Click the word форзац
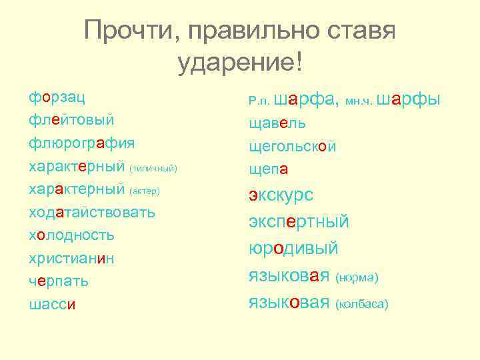56,97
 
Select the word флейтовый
71,120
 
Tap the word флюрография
81,143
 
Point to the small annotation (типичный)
153,168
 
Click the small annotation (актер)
145,191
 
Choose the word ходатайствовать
91,213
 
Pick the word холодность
71,235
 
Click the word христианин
71,259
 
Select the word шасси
52,305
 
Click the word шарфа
305,100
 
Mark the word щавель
277,124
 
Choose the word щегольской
292,147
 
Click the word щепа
268,169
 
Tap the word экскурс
281,195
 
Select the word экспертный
299,221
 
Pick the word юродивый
293,249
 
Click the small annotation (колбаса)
362,304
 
